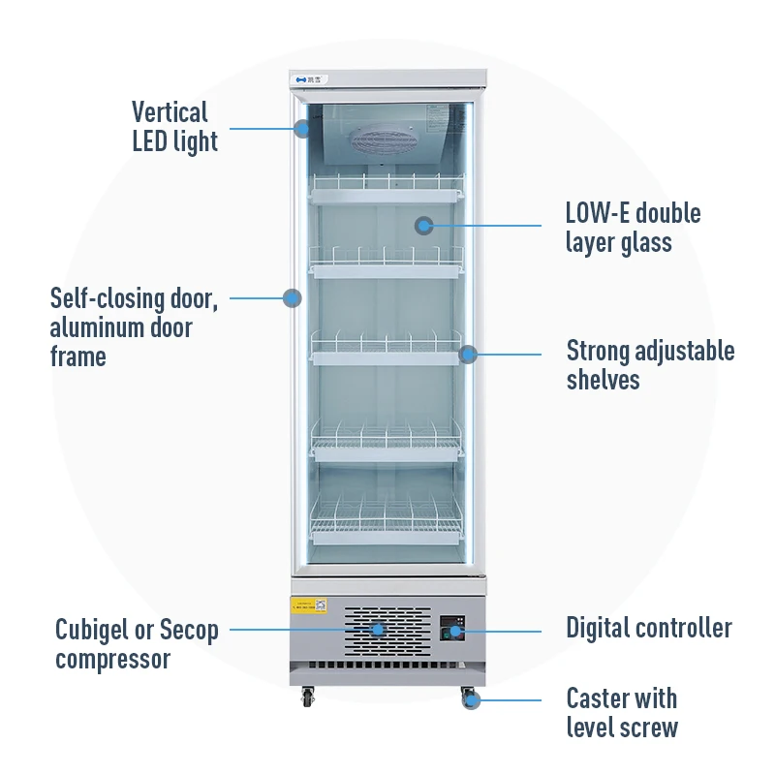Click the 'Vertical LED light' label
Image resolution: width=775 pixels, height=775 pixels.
(174, 127)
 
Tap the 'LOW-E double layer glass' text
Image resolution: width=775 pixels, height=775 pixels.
(633, 227)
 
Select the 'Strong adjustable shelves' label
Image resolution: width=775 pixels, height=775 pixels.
(650, 364)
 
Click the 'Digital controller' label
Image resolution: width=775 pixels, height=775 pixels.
(649, 628)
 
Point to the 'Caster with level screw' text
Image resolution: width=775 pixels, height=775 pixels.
(622, 712)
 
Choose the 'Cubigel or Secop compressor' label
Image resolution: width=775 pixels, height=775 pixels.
(137, 645)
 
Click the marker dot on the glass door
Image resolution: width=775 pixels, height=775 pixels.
(423, 226)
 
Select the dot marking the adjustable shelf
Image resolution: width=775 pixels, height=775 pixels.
(467, 354)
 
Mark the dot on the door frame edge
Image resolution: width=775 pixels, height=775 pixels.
(292, 297)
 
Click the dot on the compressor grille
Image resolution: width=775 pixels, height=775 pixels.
(377, 628)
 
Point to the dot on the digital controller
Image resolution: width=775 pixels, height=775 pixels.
(454, 631)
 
